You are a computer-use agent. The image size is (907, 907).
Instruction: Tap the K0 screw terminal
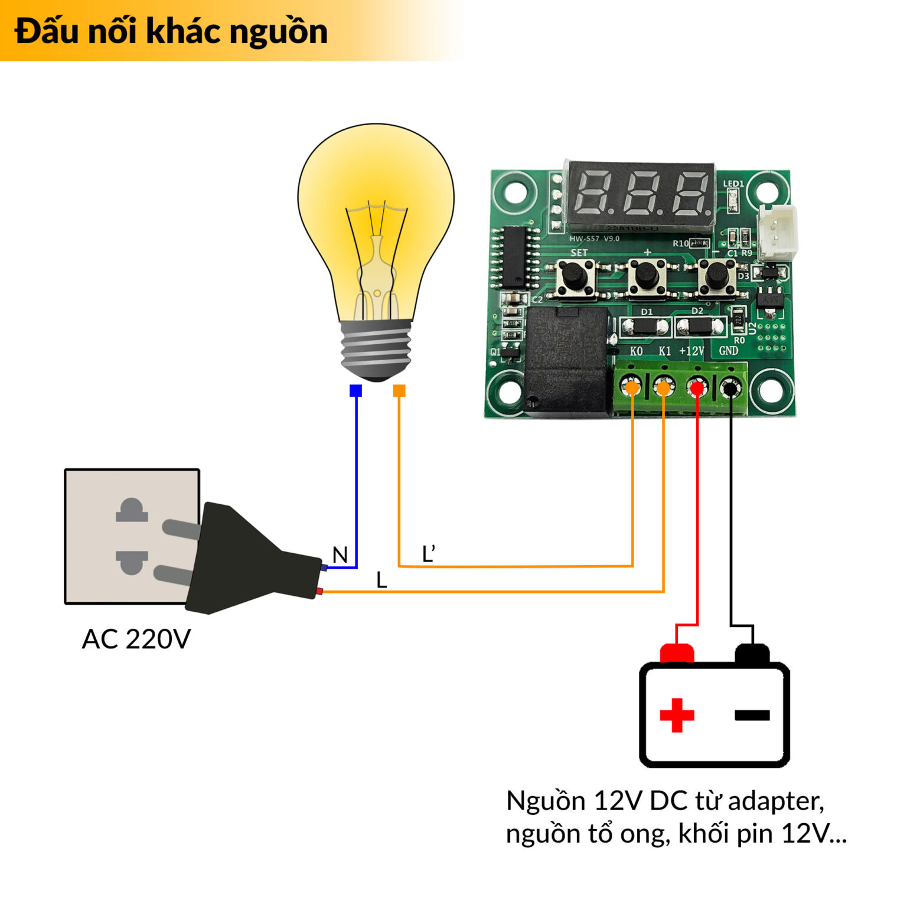point(632,388)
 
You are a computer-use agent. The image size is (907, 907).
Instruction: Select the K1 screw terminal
point(663,388)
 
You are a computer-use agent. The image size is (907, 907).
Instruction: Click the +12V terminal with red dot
point(697,388)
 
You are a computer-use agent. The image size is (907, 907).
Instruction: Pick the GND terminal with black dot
point(730,388)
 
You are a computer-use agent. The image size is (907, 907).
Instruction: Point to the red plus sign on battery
point(677,715)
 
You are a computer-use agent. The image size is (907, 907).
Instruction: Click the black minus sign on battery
point(752,716)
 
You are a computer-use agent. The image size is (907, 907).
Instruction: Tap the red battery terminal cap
point(677,653)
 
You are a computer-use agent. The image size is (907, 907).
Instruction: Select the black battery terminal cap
point(752,654)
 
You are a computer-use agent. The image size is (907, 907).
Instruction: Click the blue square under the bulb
point(355,390)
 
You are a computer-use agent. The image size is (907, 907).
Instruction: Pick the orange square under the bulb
point(399,390)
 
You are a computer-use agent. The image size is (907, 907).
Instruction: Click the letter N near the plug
point(340,555)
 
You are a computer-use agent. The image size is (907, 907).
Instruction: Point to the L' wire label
point(429,554)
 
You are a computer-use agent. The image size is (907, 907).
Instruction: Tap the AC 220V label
point(136,639)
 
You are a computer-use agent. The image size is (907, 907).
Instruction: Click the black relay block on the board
point(566,360)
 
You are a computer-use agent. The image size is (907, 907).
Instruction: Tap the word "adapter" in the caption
point(775,801)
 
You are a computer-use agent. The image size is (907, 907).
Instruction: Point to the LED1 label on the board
point(733,184)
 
